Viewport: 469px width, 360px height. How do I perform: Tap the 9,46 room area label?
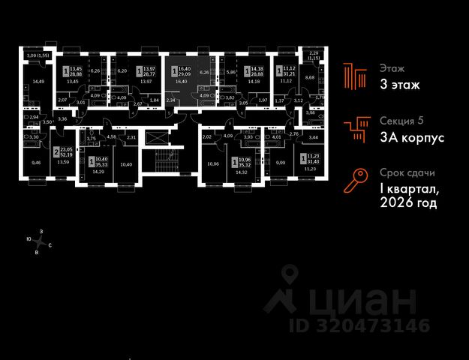point(36,162)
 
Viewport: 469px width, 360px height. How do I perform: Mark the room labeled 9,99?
point(281,163)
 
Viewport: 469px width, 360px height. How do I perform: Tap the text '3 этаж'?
point(399,85)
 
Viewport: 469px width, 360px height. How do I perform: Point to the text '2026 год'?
point(408,203)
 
